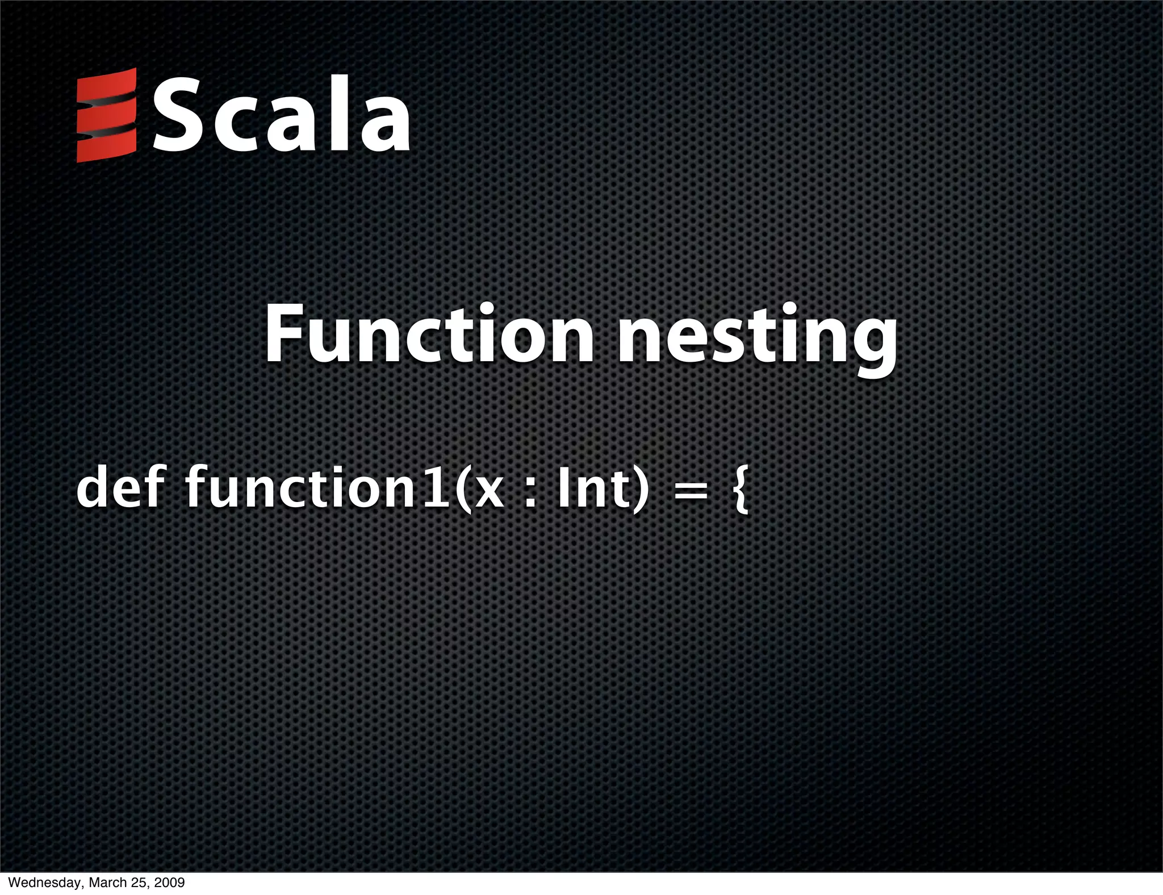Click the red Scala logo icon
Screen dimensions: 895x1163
[107, 115]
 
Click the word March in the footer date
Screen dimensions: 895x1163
[102, 883]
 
